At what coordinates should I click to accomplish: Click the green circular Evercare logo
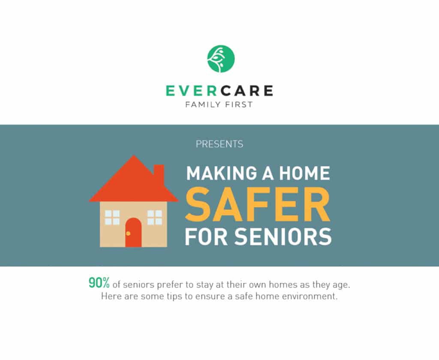coord(221,59)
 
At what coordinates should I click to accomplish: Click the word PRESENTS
coord(219,144)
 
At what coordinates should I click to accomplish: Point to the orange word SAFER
coord(258,204)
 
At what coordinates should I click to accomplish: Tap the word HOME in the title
coord(304,173)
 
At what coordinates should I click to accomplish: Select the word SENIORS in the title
coord(283,237)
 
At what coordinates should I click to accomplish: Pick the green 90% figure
coord(99,283)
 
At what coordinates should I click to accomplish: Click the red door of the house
coord(133,232)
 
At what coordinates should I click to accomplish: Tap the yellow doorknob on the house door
coord(128,233)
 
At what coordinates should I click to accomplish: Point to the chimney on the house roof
coord(159,172)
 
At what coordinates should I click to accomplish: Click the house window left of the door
coord(112,218)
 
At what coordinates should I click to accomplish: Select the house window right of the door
coord(155,218)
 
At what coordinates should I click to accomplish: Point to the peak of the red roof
coord(134,156)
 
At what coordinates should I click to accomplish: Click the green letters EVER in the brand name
coord(191,91)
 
